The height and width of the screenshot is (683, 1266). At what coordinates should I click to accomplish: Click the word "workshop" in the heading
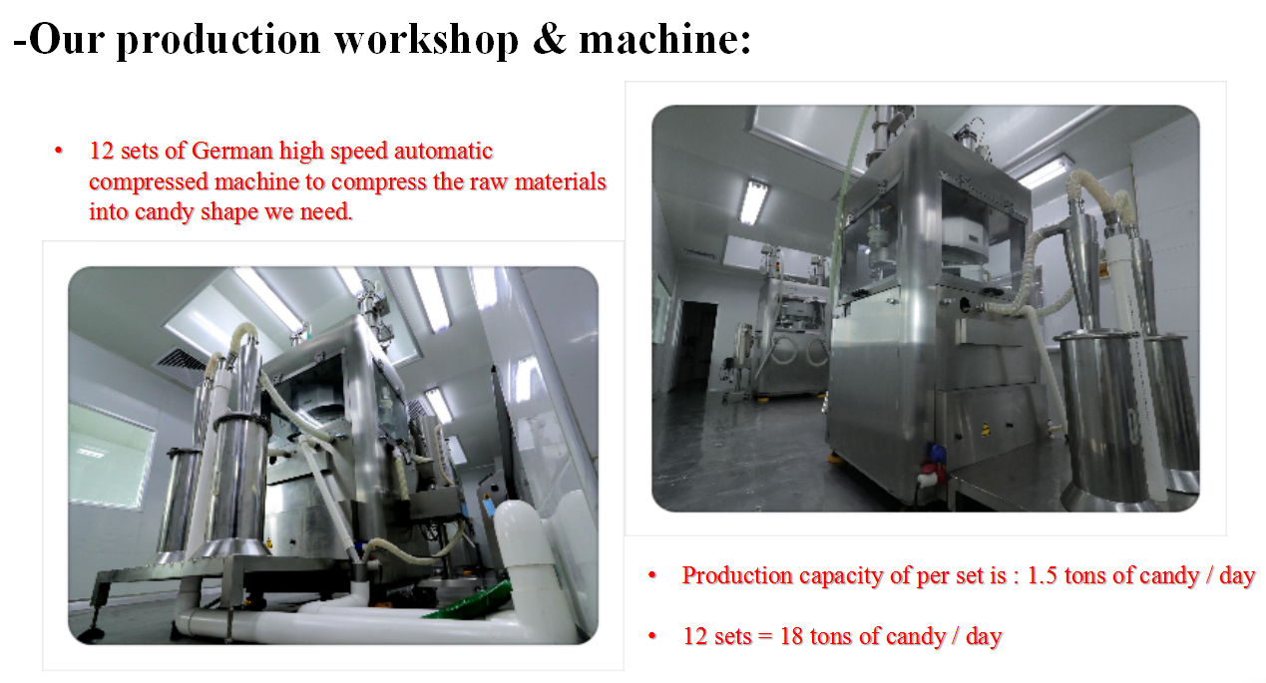pyautogui.click(x=426, y=41)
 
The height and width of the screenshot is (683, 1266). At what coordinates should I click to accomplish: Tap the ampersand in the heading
pyautogui.click(x=549, y=39)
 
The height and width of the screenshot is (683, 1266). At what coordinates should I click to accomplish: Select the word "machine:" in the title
pyautogui.click(x=664, y=39)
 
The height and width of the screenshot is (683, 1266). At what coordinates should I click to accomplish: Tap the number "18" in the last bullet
pyautogui.click(x=791, y=637)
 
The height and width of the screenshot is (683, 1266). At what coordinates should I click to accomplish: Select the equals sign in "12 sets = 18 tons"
pyautogui.click(x=765, y=637)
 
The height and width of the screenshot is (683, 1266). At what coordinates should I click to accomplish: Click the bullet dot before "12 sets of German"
pyautogui.click(x=59, y=151)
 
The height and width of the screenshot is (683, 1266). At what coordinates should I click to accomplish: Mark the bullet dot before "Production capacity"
pyautogui.click(x=652, y=575)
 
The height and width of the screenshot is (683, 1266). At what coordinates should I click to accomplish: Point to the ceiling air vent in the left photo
pyautogui.click(x=180, y=363)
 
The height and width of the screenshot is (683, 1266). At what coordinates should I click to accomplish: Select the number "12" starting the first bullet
pyautogui.click(x=101, y=152)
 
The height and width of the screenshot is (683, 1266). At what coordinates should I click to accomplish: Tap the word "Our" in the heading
pyautogui.click(x=67, y=39)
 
